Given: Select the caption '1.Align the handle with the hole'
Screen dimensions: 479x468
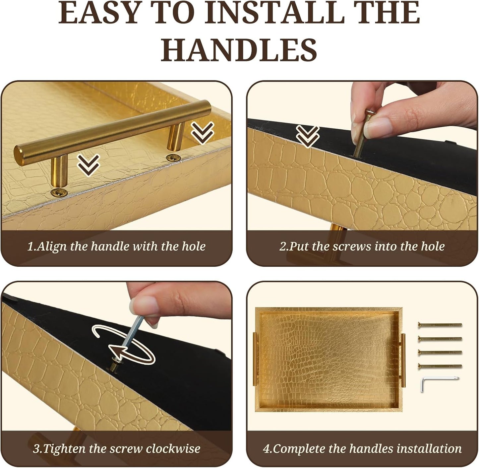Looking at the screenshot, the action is (116, 246).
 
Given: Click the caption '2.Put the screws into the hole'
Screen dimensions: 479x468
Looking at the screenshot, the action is (362, 246).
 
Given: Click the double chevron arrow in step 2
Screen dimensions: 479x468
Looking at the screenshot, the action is (307, 136).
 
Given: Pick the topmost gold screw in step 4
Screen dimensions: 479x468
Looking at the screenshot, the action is (440, 325).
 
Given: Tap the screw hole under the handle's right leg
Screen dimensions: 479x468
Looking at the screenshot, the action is (173, 158).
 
